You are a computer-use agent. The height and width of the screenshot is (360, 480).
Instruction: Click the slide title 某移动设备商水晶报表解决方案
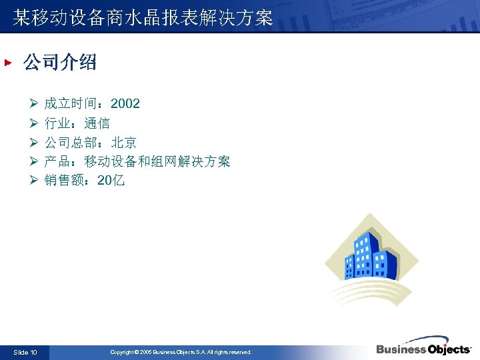[143, 17]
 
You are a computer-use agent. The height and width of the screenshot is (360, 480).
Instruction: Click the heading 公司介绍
[59, 63]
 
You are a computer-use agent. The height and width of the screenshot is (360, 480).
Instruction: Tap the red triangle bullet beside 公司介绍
[8, 63]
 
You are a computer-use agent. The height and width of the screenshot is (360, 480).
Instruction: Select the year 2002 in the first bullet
[125, 103]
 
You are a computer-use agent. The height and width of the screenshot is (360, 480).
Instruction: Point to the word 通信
[97, 123]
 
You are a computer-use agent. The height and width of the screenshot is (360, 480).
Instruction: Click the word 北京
[124, 143]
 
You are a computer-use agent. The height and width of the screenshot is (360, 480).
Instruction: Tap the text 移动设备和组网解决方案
[157, 162]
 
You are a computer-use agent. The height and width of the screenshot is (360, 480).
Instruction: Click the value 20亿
[111, 181]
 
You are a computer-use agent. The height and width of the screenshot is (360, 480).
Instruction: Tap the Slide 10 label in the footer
[25, 352]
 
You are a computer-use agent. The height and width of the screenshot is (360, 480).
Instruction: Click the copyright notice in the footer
[181, 352]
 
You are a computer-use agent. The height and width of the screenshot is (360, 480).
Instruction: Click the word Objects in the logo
[447, 349]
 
